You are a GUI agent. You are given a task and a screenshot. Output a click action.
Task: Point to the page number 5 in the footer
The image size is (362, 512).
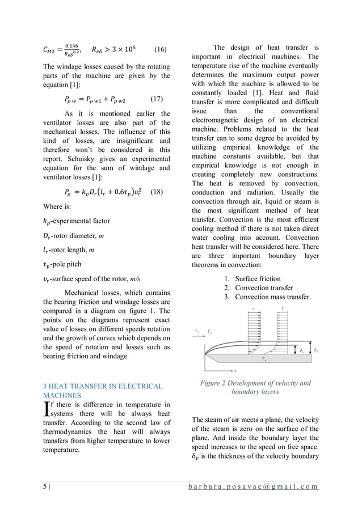[x=45, y=488]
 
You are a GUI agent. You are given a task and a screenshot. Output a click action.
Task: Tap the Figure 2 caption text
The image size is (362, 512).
[x=255, y=387]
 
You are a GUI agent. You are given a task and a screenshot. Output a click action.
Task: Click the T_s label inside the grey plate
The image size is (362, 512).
[x=264, y=359]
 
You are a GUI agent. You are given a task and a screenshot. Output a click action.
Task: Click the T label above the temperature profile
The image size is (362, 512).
[x=283, y=308]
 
